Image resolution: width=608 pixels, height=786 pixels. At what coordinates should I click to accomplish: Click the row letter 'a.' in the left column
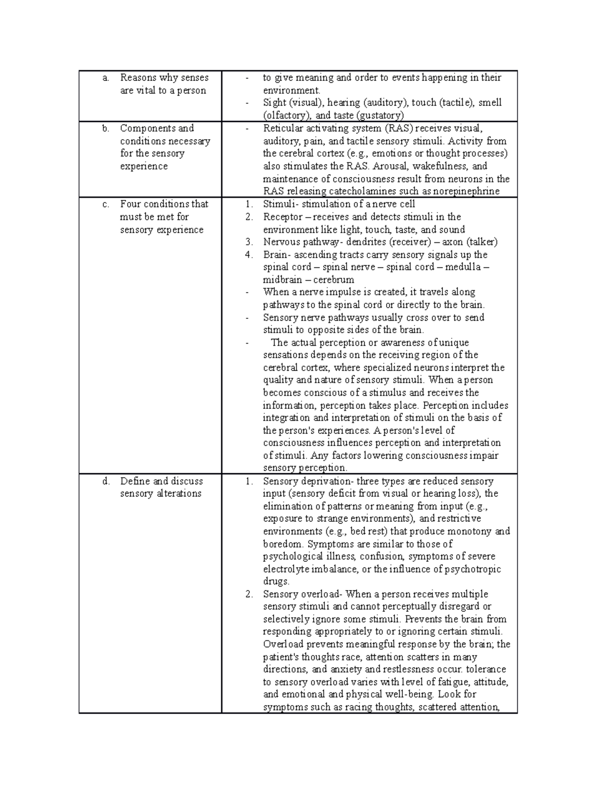tap(105, 78)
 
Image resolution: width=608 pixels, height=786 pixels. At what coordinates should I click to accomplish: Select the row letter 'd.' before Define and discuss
tap(106, 481)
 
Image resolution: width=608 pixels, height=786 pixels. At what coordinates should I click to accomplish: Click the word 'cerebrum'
tap(333, 280)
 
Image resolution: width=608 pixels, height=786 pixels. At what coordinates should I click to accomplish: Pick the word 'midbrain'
tap(282, 280)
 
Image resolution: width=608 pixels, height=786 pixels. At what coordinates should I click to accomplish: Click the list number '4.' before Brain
tap(249, 255)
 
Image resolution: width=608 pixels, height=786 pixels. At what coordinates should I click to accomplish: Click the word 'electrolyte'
tap(286, 569)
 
